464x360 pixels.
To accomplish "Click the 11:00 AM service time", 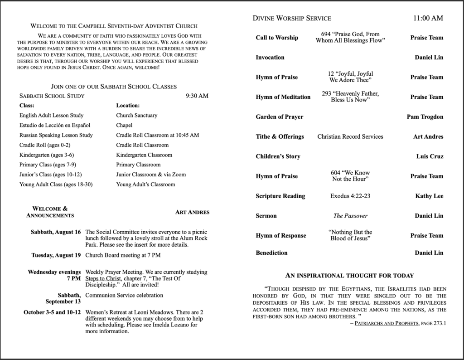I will click(x=428, y=19).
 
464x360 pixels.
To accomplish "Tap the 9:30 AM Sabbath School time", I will click(x=197, y=96).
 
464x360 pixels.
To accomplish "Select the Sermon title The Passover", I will click(x=350, y=216).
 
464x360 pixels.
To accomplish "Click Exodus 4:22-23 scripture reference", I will click(x=350, y=196).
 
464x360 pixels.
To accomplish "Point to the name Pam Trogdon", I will click(x=425, y=117).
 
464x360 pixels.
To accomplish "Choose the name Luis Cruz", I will click(x=430, y=156).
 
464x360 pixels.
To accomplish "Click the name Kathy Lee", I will click(x=429, y=196).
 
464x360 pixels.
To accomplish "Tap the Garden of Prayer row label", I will click(x=279, y=117).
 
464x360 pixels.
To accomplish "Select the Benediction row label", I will click(x=271, y=253).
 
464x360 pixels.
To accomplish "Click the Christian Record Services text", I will click(x=350, y=136).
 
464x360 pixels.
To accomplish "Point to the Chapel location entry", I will click(x=124, y=125).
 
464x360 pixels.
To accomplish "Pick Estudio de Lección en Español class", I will click(x=55, y=125).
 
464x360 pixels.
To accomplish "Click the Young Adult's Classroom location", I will click(x=145, y=185).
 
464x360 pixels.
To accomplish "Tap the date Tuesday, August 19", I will click(x=56, y=255).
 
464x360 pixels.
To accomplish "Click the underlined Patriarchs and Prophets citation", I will click(x=383, y=324).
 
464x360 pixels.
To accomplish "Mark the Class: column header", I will click(x=27, y=106).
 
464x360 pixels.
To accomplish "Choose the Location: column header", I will click(x=128, y=106).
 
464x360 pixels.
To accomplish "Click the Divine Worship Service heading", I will click(x=292, y=19).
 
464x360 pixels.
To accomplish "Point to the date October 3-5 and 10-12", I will click(x=52, y=312).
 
